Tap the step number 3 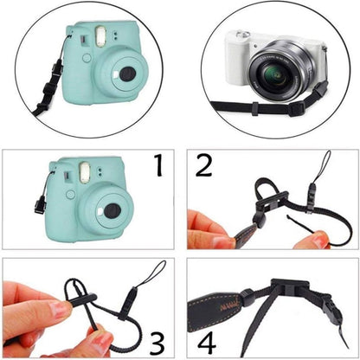[x=157, y=338]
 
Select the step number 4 [x=203, y=337]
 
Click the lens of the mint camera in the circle [x=126, y=74]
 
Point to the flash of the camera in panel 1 [x=85, y=171]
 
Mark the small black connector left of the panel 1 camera [x=40, y=204]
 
